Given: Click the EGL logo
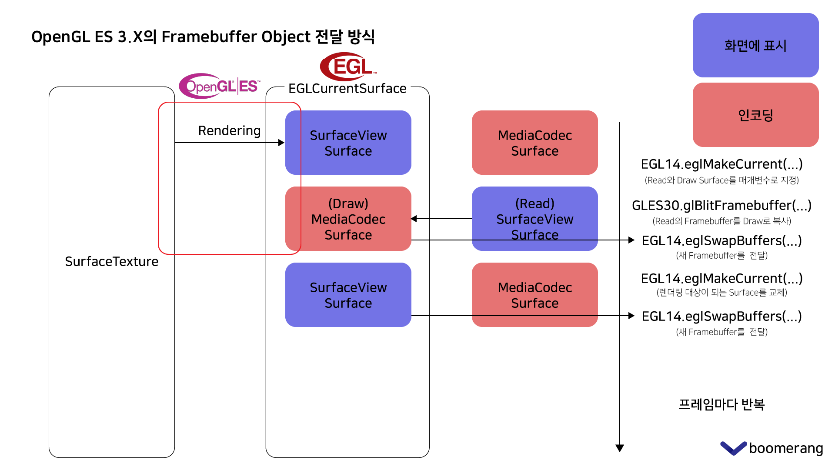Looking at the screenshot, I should [x=348, y=67].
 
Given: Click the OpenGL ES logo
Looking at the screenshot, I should [x=220, y=86].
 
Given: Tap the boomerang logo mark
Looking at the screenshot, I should [x=733, y=448].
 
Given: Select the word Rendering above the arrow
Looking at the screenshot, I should [x=229, y=130].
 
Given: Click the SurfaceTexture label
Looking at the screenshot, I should [x=111, y=261].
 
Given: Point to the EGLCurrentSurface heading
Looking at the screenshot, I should [x=347, y=88].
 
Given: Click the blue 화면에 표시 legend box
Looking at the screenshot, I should [x=755, y=45].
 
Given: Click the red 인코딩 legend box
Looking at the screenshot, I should [x=755, y=115].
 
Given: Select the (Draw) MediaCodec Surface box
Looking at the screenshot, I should [x=348, y=219].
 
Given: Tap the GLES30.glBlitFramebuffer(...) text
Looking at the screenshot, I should [x=721, y=205].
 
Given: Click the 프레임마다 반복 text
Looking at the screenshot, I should [x=721, y=404].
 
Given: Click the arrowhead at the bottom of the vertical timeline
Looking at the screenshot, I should [x=620, y=448].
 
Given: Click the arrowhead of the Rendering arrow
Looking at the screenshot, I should [x=281, y=143].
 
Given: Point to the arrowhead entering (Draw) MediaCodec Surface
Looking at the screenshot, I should [x=414, y=219].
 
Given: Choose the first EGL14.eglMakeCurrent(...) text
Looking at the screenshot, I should [x=721, y=164].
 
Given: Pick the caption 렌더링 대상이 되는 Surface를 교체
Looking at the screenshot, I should [x=721, y=293].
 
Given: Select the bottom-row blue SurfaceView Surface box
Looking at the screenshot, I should [x=348, y=295].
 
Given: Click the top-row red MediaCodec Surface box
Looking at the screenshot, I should [x=534, y=143].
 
